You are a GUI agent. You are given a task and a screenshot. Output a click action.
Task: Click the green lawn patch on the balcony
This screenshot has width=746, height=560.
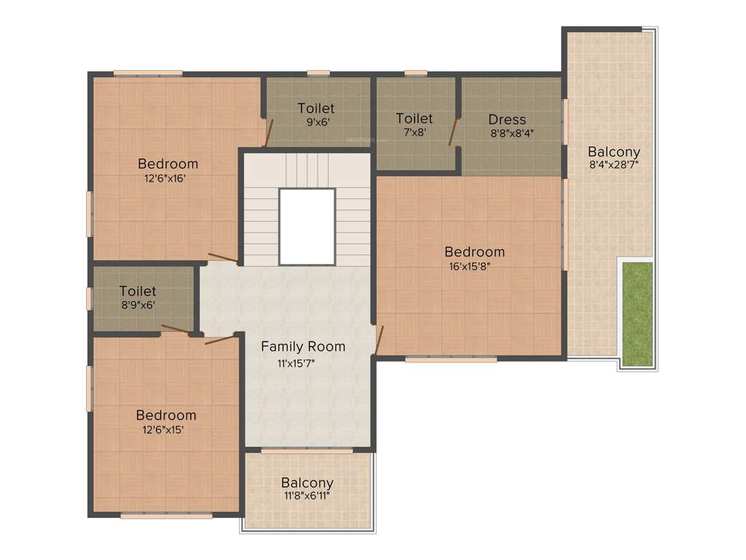[637, 314]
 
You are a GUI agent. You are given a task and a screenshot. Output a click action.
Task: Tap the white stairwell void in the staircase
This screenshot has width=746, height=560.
[307, 226]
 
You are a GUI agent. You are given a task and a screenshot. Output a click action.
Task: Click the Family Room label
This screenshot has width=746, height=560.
[303, 346]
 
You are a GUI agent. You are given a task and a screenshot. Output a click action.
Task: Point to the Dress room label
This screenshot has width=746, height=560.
[507, 120]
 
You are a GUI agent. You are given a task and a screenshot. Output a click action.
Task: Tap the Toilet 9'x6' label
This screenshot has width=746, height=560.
[316, 109]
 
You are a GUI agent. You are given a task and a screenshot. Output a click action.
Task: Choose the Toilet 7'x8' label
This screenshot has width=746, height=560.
[414, 118]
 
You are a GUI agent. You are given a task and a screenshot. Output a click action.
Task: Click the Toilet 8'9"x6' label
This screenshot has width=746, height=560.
[138, 292]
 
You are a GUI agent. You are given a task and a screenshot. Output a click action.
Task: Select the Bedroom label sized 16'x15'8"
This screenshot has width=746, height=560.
[474, 252]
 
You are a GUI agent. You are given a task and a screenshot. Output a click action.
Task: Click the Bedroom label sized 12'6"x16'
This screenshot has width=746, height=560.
[168, 163]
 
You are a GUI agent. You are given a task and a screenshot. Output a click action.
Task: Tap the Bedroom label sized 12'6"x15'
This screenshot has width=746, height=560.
[165, 415]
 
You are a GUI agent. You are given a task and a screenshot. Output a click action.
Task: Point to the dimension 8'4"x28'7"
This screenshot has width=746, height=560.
[613, 165]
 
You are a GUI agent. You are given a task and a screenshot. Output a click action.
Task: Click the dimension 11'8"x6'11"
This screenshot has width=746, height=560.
[307, 496]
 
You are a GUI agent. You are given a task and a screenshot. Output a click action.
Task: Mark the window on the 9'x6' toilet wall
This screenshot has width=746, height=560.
[318, 73]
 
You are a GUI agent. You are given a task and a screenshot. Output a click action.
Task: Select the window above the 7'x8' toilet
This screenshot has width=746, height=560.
[415, 73]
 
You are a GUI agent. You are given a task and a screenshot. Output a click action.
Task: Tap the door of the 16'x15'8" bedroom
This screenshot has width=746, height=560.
[378, 339]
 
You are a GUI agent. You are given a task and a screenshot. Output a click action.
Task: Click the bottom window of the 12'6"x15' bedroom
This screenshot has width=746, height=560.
[166, 516]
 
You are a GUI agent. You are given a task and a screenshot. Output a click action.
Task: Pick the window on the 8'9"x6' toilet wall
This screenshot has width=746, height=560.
[90, 299]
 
